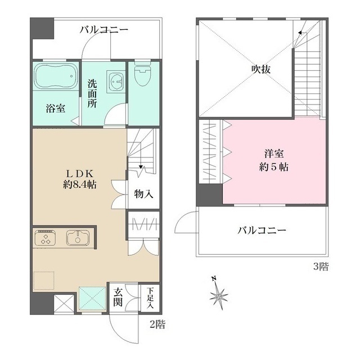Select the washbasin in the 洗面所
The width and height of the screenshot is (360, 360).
click(118, 82)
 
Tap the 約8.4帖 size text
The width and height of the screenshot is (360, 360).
click(78, 184)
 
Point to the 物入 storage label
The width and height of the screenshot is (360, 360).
click(143, 194)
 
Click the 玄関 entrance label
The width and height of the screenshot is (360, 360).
click(118, 297)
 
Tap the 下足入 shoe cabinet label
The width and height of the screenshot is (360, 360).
click(150, 297)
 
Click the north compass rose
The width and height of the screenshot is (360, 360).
click(219, 293)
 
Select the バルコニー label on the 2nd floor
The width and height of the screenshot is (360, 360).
click(103, 29)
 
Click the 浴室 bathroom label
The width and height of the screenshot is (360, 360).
click(55, 109)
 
